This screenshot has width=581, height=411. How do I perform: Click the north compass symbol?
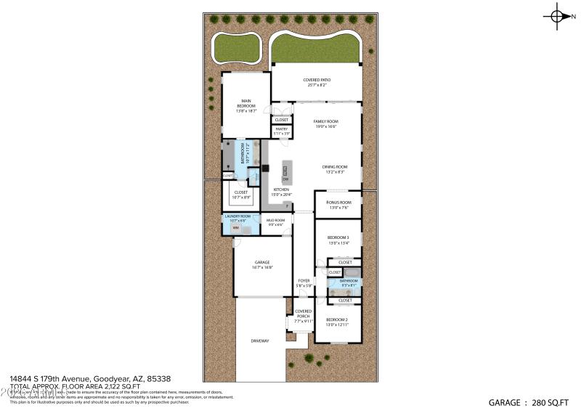point(558,15)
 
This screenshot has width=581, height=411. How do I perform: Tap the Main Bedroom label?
point(245,107)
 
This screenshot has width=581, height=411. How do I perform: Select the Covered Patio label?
point(314,82)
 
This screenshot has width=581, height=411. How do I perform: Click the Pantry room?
point(280,131)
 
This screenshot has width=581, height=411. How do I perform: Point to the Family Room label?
point(325,123)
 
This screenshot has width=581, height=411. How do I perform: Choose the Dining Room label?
point(334,169)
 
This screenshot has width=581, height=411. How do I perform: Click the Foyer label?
point(304,282)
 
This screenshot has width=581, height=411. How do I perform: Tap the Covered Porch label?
point(303,314)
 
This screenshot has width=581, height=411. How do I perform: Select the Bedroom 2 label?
point(338,322)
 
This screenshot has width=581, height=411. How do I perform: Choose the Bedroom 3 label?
point(338,240)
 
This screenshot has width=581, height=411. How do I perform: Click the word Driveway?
point(260,341)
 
